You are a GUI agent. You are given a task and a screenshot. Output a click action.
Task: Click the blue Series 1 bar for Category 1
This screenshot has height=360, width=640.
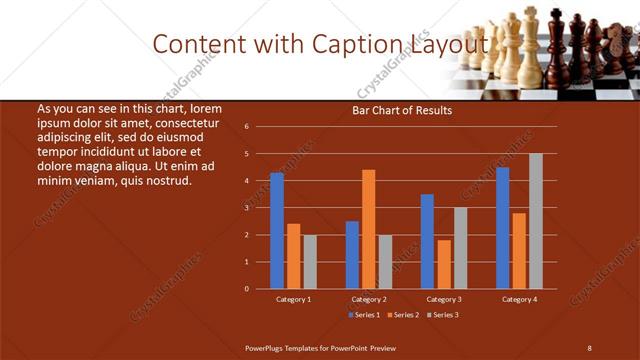pos(277,231)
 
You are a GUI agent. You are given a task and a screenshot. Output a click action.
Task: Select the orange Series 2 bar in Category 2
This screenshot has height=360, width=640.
pos(369,229)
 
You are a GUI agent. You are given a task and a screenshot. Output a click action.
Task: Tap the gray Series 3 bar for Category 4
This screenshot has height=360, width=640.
pos(536,221)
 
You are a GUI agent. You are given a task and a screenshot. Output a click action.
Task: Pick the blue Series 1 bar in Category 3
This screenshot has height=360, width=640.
pos(427,241)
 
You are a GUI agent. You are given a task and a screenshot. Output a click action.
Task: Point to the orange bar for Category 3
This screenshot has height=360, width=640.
pos(444,264)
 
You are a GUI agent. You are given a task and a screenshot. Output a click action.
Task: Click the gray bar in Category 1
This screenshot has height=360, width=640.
pos(310,262)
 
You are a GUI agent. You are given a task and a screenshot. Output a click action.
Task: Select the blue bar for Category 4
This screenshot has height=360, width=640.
pos(502,228)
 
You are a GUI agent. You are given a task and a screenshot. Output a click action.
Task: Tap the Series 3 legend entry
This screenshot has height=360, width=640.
pos(443,314)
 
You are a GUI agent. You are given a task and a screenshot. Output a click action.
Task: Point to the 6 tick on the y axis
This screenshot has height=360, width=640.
pos(246,127)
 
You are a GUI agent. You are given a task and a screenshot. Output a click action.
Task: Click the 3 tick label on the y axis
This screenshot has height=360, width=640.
pos(246,208)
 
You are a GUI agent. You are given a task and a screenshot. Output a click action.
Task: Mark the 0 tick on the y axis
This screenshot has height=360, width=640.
pos(246,289)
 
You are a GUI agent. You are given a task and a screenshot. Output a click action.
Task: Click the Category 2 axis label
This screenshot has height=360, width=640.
pos(369,299)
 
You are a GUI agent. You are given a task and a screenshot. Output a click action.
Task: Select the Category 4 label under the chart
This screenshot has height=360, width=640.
pos(519,299)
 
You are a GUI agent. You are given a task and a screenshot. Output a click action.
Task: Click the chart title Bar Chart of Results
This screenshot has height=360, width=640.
pos(402,110)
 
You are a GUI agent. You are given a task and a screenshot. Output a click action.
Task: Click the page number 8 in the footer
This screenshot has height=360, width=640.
pos(589,347)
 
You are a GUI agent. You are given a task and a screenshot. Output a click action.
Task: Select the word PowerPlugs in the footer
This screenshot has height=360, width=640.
pos(265,347)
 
